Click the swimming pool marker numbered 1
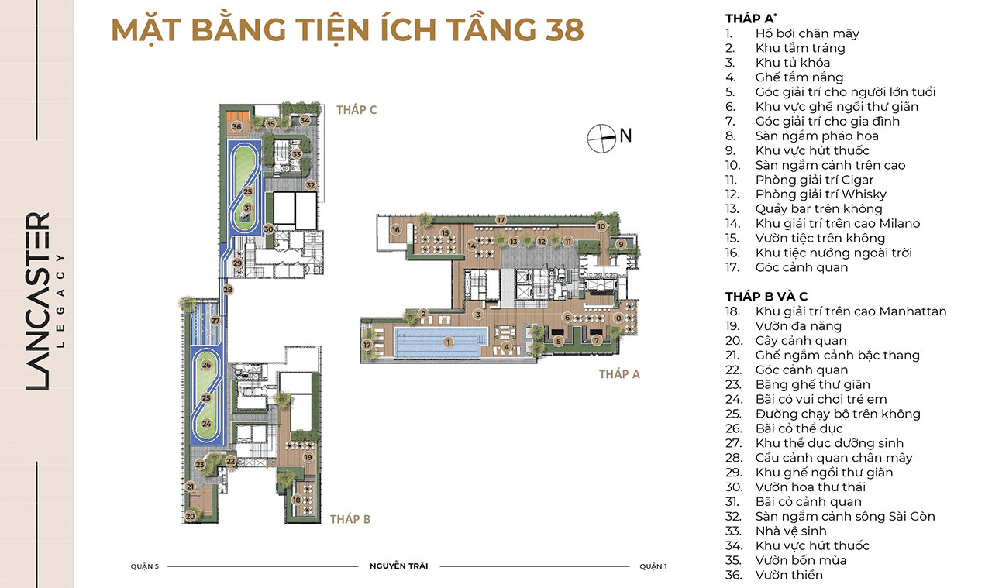pos(448,342)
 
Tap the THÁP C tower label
pos(356,110)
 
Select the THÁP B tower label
pos(350,519)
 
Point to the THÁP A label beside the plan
pos(619,374)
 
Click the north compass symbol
pos(602,139)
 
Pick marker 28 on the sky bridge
pos(228,290)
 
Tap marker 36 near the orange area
pos(237,126)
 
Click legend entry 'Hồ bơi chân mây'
pos(808,33)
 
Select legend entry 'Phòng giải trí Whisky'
pos(821,194)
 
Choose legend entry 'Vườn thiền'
pos(789,575)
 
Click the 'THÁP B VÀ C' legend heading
pos(766,296)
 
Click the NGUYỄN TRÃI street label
pos(398,566)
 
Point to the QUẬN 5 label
pos(144,566)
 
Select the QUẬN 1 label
pos(653,566)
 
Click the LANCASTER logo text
pos(38,301)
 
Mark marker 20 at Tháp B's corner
pos(190,516)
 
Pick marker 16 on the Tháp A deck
pos(396,229)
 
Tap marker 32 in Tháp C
pos(311,185)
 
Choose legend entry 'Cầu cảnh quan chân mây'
pos(834,458)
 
